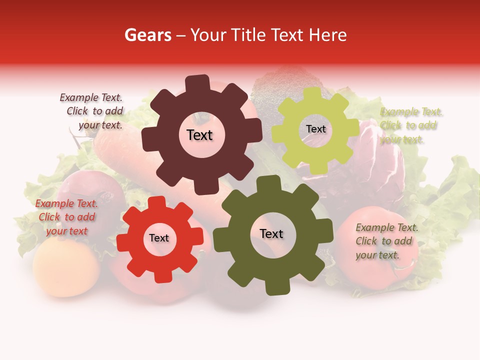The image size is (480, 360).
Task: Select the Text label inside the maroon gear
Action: (x=199, y=135)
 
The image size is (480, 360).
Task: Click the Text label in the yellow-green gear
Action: (x=315, y=129)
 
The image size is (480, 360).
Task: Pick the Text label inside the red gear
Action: (x=158, y=238)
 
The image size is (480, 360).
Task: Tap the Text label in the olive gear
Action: (x=271, y=233)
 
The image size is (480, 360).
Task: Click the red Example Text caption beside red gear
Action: (x=66, y=217)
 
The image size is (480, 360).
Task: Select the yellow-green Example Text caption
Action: (x=411, y=125)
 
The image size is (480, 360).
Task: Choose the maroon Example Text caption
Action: (x=93, y=111)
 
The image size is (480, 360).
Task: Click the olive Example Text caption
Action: (x=386, y=241)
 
